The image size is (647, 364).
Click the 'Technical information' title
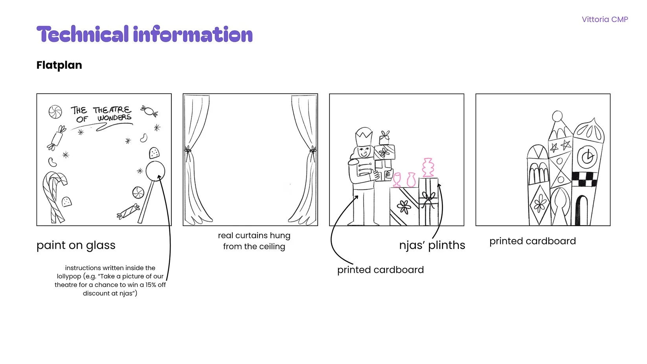pos(144,35)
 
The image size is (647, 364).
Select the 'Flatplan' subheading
pos(59,65)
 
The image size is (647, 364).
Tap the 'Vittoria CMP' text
pos(605,19)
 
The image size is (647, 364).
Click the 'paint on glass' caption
pos(76,245)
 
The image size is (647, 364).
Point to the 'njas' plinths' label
pos(432,245)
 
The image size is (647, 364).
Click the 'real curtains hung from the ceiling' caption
pos(254,241)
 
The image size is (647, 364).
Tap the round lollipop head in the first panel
pos(155,171)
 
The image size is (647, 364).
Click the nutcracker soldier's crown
pos(364,138)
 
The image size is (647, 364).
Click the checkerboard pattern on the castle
pos(585,179)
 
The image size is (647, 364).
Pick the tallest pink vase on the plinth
pos(428,168)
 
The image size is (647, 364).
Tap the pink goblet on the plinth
pos(397,179)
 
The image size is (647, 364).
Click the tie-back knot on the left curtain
pos(188,150)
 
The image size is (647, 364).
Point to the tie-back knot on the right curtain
pos(312,150)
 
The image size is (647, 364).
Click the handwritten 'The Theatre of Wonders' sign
pos(101,114)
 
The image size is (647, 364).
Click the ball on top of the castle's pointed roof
pos(557,116)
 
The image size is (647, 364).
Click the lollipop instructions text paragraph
pos(110,281)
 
